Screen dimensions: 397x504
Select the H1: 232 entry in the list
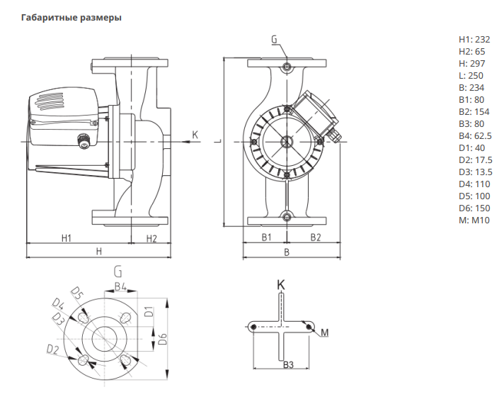click(474, 40)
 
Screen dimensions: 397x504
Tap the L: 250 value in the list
click(471, 76)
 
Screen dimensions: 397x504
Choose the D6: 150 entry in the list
click(474, 208)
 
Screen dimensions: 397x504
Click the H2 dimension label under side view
click(151, 238)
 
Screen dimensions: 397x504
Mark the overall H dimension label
click(99, 252)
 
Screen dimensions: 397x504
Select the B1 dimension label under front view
click(265, 237)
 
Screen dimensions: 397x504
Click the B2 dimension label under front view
click(315, 237)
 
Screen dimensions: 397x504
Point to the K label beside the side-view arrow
click(195, 134)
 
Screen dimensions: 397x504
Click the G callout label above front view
click(274, 40)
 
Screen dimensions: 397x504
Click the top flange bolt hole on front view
click(286, 67)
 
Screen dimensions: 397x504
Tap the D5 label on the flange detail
click(79, 293)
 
